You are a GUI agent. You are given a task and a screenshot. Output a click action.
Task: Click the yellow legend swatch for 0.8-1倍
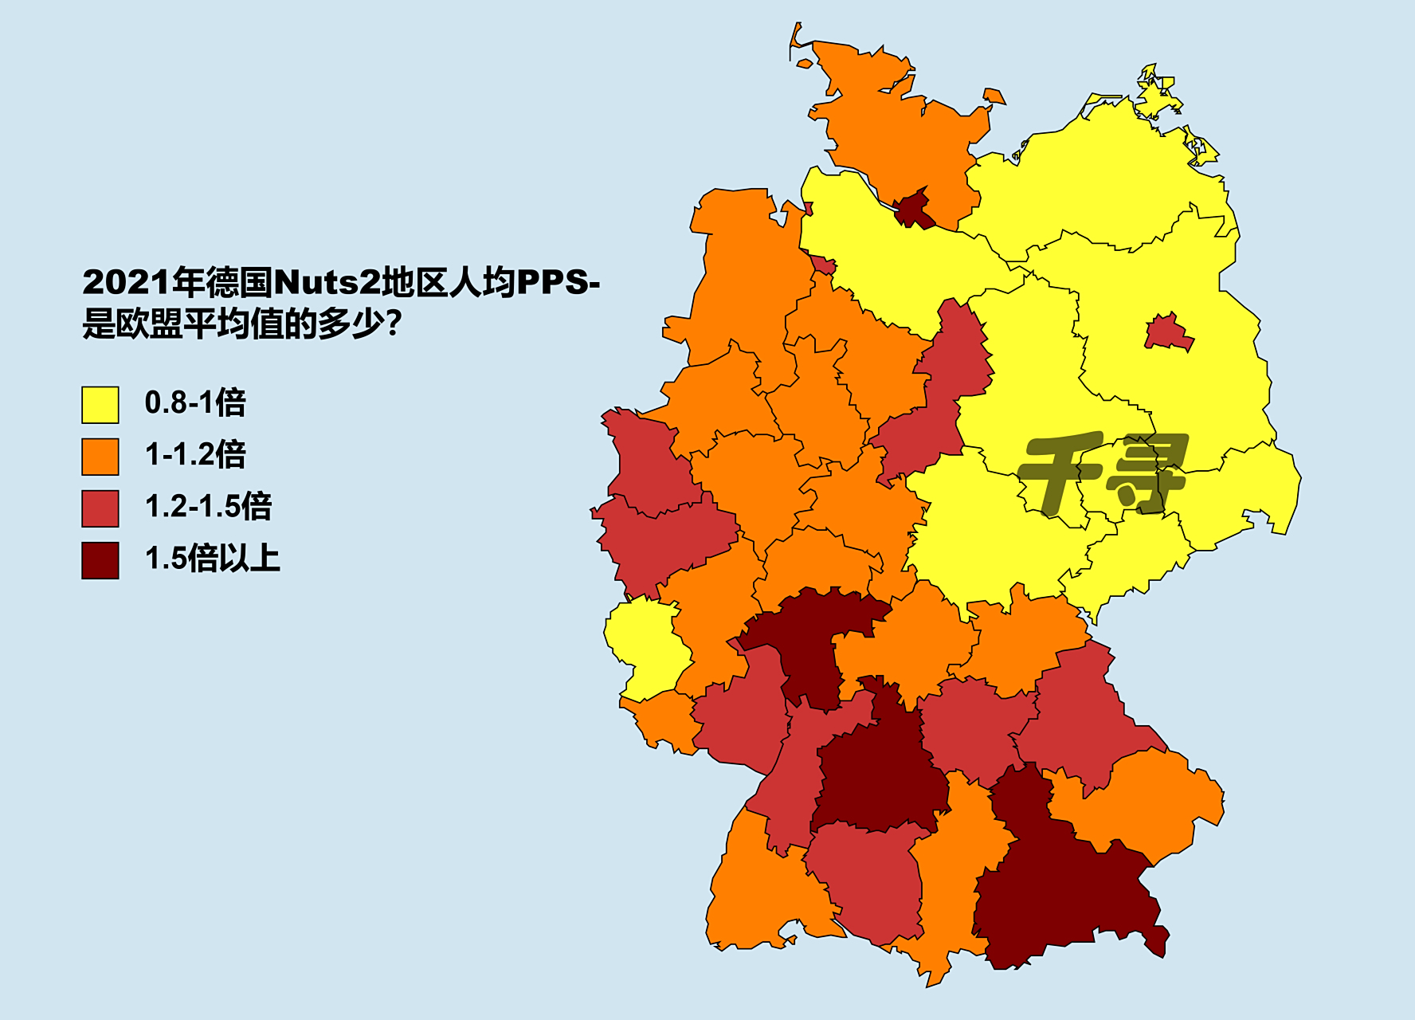point(100,405)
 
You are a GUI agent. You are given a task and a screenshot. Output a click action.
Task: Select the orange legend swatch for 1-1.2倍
point(100,457)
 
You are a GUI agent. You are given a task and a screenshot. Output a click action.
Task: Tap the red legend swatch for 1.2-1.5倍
point(100,508)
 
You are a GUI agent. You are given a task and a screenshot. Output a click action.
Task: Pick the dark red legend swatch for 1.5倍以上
point(100,560)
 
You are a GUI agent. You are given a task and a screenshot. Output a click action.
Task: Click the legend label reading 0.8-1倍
point(195,402)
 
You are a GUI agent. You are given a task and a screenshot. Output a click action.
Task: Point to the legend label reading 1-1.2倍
point(195,454)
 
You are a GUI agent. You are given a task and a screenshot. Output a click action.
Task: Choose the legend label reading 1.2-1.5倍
point(208,506)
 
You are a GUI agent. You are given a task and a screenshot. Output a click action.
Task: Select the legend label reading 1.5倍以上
point(212,558)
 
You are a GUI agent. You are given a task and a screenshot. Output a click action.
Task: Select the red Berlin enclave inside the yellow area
point(1168,332)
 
